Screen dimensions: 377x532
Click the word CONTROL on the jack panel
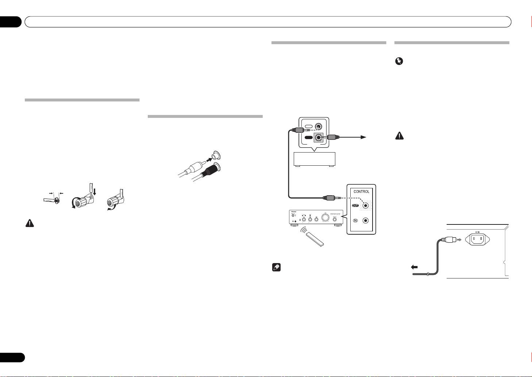click(361, 192)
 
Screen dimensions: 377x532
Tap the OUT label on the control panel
click(355, 205)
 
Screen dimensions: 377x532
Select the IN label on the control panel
click(355, 220)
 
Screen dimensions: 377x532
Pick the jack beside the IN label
click(366, 220)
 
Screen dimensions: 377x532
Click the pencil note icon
click(276, 268)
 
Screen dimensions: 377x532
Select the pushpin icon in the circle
click(399, 62)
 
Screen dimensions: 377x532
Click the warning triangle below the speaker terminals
click(29, 224)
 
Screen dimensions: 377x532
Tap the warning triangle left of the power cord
click(400, 136)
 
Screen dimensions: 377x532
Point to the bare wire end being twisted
click(57, 200)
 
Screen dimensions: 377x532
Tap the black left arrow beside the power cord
click(415, 267)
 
